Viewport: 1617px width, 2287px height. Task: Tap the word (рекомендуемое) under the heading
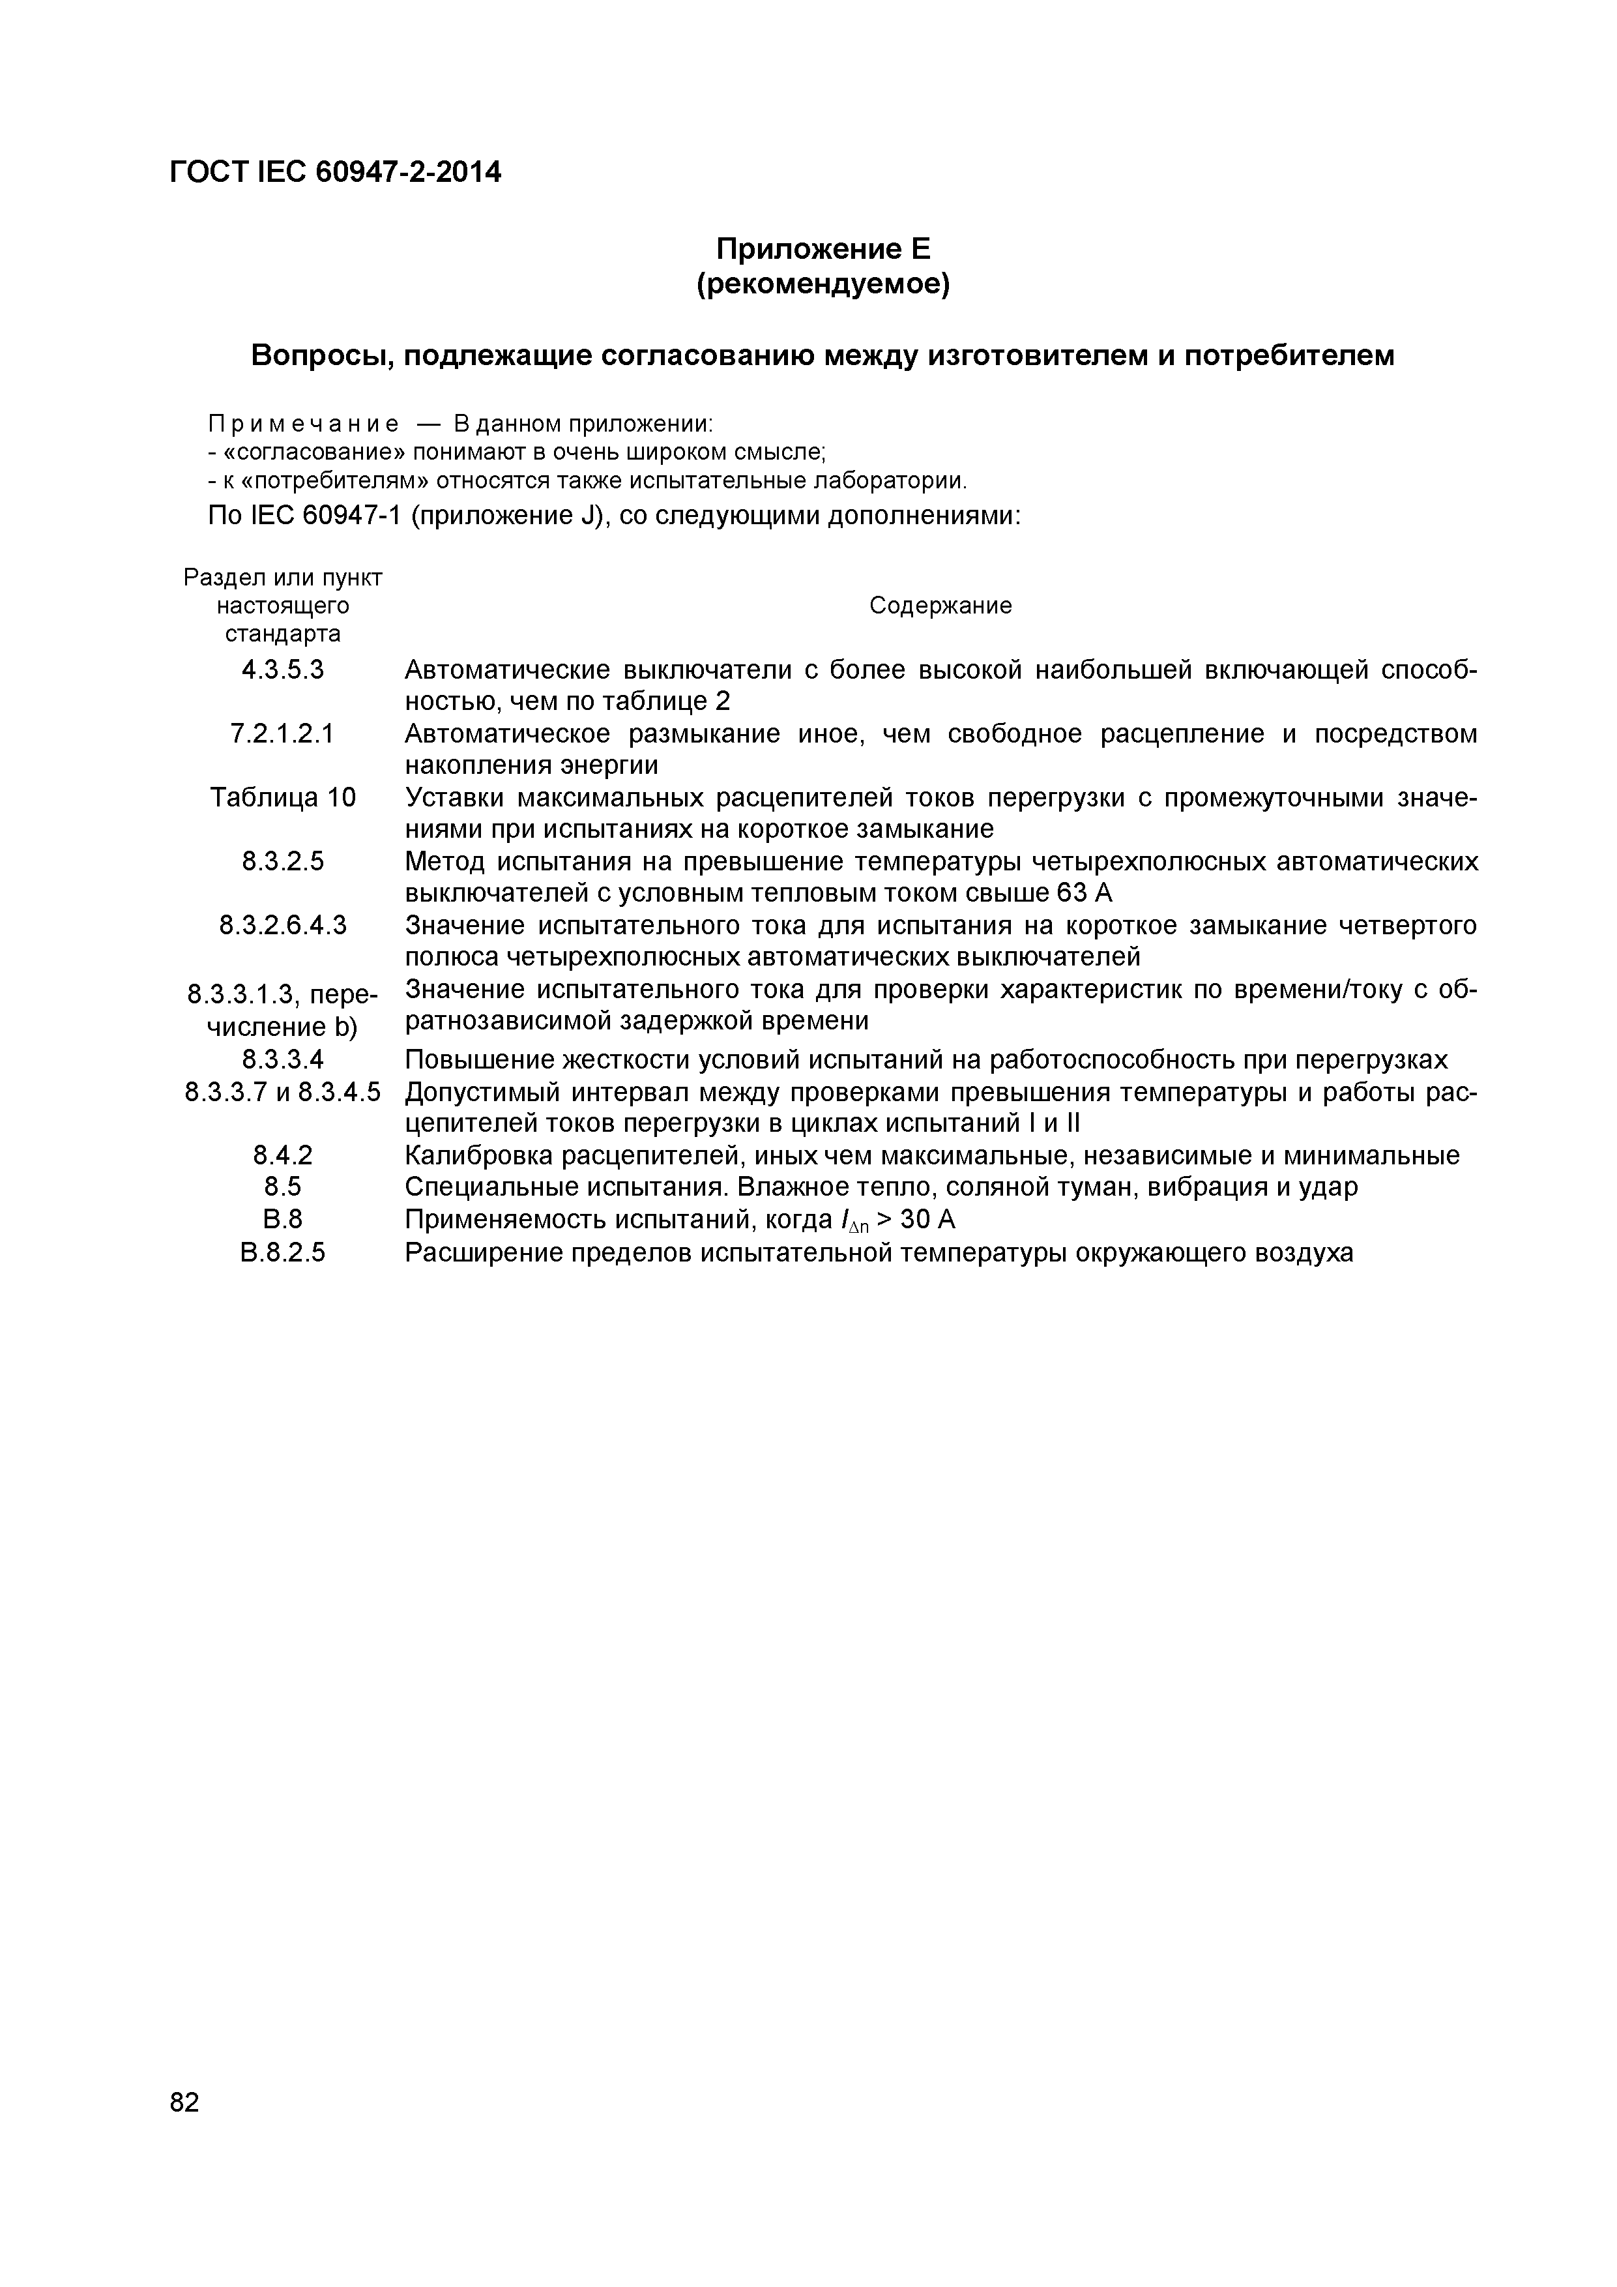[823, 285]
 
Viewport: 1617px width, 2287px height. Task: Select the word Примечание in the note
[304, 423]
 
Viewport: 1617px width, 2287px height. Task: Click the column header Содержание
[940, 606]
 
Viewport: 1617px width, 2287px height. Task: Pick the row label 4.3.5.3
[283, 670]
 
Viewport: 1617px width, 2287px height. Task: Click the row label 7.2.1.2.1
[283, 734]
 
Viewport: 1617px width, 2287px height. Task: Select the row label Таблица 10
[283, 798]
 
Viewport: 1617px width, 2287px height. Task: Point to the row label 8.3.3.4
[283, 1059]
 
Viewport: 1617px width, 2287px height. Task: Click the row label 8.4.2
[283, 1155]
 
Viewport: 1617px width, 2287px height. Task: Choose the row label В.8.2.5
[283, 1252]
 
